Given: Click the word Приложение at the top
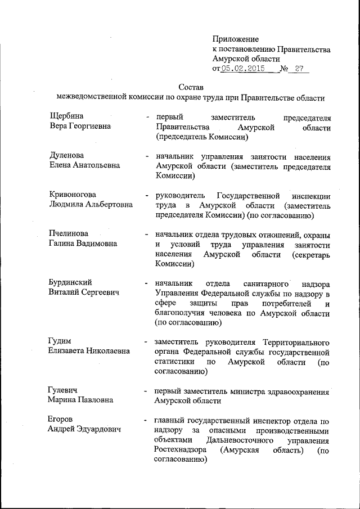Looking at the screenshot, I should tap(236, 39).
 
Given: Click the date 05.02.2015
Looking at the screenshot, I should tap(242, 69).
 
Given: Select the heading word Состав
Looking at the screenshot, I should tap(190, 87).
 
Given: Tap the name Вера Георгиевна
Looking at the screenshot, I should tap(80, 127).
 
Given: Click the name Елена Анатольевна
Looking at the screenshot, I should tap(85, 166).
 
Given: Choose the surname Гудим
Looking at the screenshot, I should tap(61, 341).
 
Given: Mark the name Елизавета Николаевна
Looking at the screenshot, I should tap(89, 351).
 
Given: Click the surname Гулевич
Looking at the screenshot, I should tap(64, 390).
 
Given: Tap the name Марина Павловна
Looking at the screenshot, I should tap(81, 400).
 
